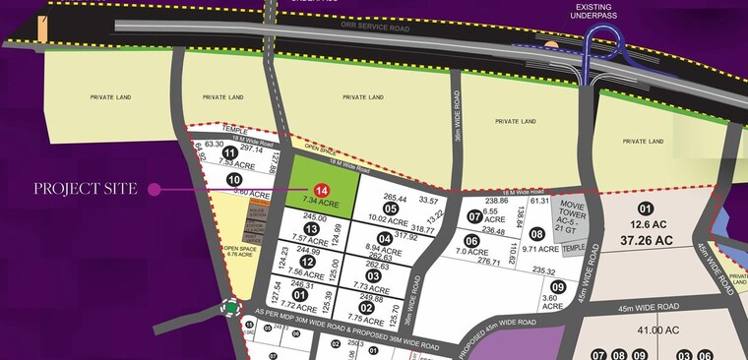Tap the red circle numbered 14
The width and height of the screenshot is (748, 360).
321,190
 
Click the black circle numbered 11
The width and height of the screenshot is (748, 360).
229,153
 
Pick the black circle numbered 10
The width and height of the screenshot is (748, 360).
234,180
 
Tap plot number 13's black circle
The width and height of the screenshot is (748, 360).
312,229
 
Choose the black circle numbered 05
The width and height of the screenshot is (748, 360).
391,209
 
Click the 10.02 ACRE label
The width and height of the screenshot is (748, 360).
388,219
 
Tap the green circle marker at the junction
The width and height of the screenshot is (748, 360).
231,309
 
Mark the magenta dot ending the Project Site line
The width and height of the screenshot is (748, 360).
154,189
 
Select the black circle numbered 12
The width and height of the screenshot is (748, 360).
307,262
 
